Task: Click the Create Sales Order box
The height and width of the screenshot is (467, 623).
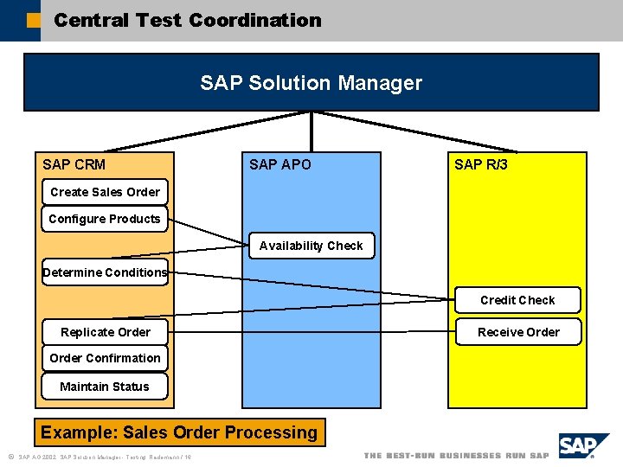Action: (x=105, y=192)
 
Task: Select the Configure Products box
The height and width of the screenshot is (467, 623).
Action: (x=105, y=219)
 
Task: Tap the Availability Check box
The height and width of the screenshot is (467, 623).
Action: (x=311, y=246)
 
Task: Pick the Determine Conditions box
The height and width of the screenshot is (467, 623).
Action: (x=105, y=272)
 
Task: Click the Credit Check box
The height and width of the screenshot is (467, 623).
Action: (x=517, y=300)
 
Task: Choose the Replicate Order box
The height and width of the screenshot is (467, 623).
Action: (x=105, y=332)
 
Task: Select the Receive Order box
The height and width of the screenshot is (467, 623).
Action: (x=517, y=332)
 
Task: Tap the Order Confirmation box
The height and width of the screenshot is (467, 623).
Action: (x=105, y=358)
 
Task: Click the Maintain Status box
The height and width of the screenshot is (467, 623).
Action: (x=105, y=387)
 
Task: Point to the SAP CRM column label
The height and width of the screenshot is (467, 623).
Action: (x=74, y=164)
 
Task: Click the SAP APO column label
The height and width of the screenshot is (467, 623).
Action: (x=280, y=164)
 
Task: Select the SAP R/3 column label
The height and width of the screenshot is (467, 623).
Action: (x=481, y=164)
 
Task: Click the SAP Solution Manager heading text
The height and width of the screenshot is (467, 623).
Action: (x=311, y=83)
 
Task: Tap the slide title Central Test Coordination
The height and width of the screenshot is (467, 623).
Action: (x=187, y=20)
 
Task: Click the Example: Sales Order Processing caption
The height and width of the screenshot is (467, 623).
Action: (x=179, y=432)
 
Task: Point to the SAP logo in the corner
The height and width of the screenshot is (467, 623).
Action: (x=583, y=447)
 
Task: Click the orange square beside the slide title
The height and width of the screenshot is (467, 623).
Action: (x=33, y=20)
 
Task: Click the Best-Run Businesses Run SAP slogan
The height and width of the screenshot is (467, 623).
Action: (x=456, y=456)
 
